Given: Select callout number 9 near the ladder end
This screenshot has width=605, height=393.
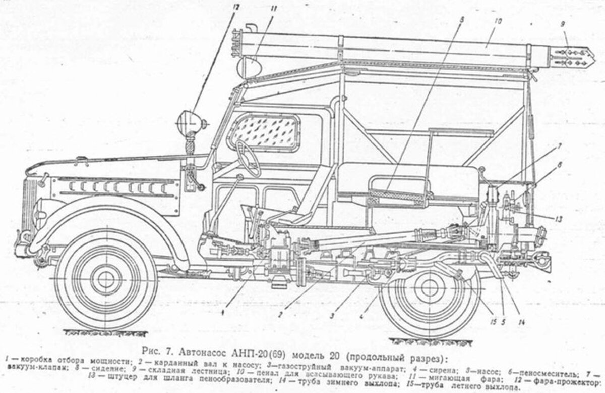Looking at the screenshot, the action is pyautogui.click(x=563, y=23).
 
